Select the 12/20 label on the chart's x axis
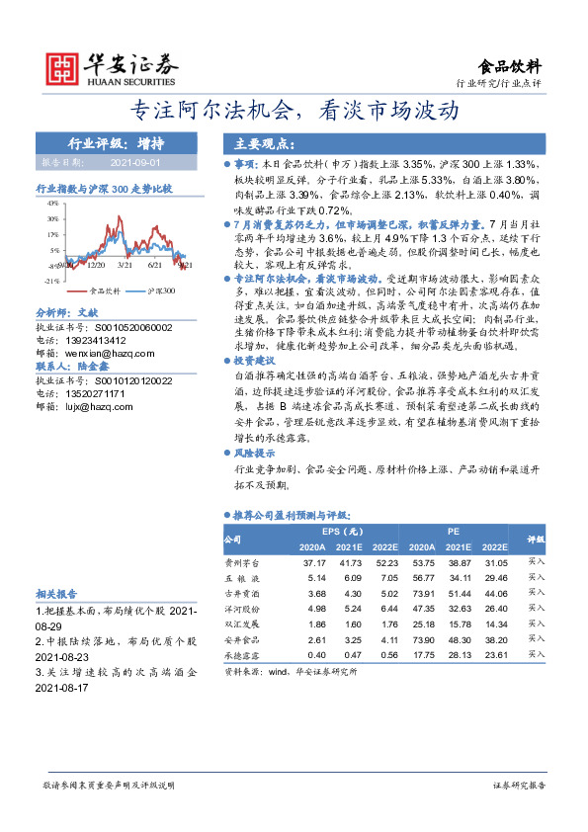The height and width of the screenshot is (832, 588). click(x=96, y=266)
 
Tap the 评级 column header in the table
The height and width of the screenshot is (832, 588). click(x=535, y=540)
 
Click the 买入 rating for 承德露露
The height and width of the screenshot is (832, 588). click(x=536, y=655)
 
